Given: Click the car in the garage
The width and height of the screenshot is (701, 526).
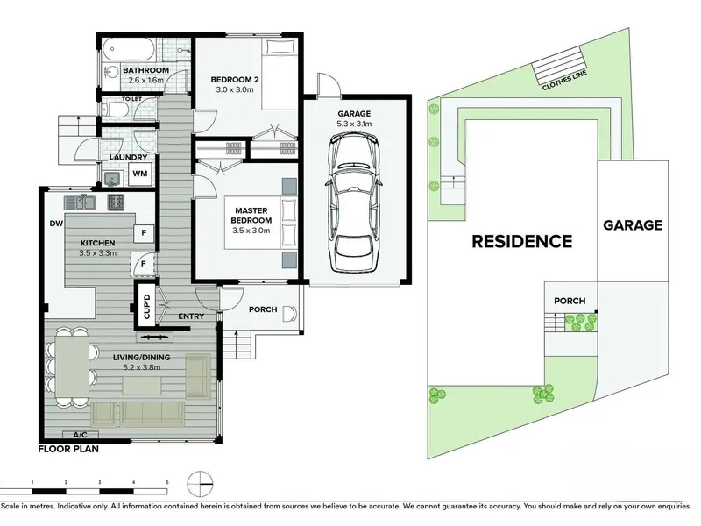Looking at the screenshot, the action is coord(355,203).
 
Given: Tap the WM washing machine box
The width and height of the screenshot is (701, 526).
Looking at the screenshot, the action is coord(140,174).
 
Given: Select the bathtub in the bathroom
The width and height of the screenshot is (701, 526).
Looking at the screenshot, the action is coord(129,49).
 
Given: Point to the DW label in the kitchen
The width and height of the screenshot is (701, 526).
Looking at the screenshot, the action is coord(56,224).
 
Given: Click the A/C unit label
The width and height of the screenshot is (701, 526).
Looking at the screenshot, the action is coord(80,435).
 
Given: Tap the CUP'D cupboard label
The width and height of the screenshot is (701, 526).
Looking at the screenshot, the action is coord(146,306).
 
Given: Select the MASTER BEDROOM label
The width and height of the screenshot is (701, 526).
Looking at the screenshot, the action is coord(251,215).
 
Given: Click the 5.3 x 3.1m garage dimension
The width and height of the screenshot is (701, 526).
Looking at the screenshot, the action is coord(354,124).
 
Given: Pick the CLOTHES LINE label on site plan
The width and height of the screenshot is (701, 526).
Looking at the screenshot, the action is coord(564,81).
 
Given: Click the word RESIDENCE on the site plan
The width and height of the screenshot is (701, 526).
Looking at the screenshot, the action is coord(522,242).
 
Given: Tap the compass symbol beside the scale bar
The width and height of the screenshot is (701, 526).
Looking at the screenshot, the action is coord(201,484).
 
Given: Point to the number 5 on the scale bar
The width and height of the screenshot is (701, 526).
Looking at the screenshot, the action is coord(167,482).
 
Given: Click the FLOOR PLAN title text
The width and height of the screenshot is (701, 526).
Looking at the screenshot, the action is coord(68,449).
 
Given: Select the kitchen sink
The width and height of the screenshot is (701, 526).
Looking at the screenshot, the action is coord(79,203).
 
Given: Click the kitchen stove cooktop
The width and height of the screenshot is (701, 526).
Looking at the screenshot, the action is coord(116,203).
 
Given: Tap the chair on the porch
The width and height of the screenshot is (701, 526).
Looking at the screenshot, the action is coord(289,313).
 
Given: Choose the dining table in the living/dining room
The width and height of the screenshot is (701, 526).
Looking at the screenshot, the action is coord(72,366).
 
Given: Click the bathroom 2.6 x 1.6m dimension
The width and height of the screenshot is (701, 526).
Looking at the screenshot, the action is coord(145,81).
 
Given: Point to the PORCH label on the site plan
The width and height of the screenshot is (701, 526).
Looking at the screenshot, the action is coord(570,301).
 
